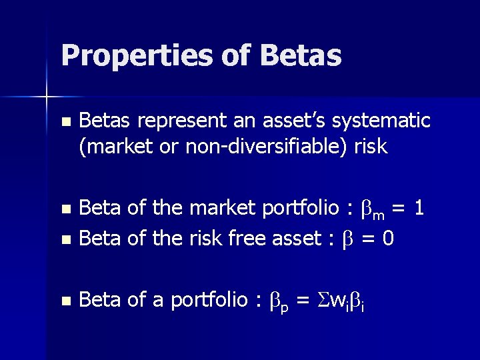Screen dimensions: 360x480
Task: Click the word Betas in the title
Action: [x=301, y=55]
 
